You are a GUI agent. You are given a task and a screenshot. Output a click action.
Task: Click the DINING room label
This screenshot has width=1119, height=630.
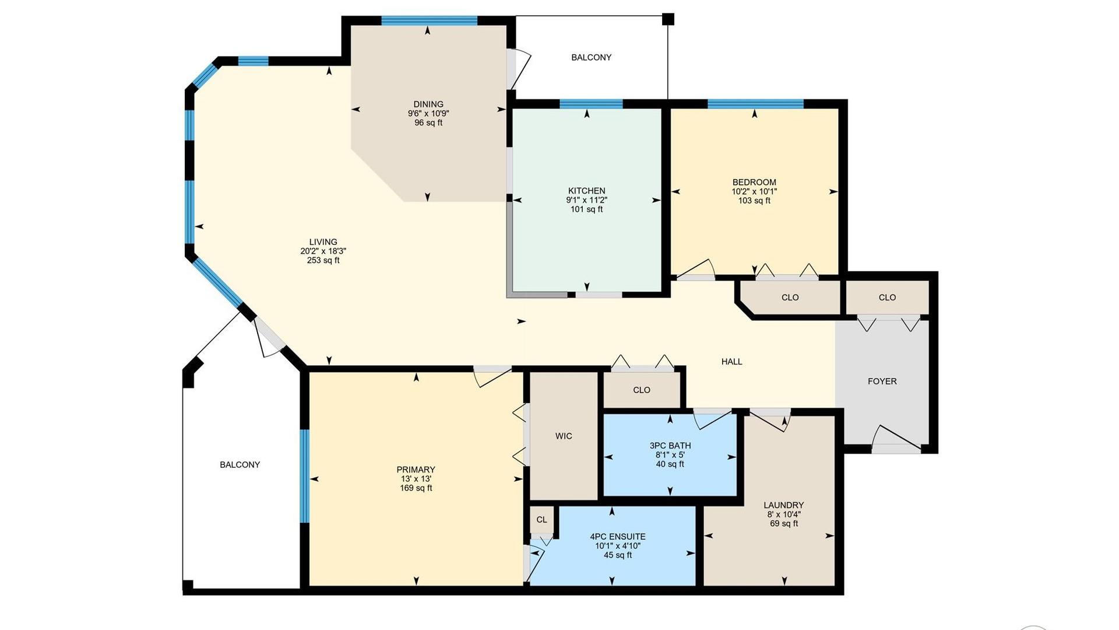(428, 104)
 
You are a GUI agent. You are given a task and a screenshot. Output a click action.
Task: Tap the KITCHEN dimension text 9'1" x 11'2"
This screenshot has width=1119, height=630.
(586, 200)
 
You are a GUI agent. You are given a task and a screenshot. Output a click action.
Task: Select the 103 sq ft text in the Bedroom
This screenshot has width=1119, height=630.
(754, 201)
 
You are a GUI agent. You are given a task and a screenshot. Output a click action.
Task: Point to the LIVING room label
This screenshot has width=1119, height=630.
(323, 242)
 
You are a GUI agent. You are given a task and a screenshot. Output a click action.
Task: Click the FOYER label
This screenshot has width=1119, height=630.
(882, 381)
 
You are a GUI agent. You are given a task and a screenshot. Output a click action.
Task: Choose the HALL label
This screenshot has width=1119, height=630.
(731, 362)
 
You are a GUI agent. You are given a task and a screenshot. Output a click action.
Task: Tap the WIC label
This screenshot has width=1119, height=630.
(564, 436)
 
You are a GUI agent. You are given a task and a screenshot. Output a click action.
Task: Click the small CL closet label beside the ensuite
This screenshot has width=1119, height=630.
(541, 520)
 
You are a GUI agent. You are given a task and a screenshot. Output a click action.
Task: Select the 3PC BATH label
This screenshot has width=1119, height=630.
(670, 446)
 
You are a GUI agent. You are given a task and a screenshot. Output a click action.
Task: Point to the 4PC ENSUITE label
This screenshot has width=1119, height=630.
(617, 537)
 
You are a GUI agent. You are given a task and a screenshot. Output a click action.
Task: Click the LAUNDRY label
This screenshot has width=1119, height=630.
(783, 505)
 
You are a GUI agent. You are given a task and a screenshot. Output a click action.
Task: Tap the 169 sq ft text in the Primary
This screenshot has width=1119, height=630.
(416, 488)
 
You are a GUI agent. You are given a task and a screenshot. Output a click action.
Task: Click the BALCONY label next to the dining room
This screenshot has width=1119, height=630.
(591, 57)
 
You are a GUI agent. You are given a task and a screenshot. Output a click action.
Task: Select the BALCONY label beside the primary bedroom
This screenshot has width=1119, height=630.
(240, 465)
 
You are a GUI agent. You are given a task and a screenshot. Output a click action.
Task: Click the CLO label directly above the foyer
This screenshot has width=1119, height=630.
(887, 297)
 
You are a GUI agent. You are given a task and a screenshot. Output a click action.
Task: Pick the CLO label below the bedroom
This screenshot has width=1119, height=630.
(790, 297)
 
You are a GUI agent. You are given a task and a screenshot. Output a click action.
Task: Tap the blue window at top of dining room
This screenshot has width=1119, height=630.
(429, 21)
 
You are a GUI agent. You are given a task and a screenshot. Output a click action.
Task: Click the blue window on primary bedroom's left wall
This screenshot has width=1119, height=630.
(304, 475)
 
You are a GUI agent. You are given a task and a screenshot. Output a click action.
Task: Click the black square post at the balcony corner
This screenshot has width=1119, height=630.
(668, 19)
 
